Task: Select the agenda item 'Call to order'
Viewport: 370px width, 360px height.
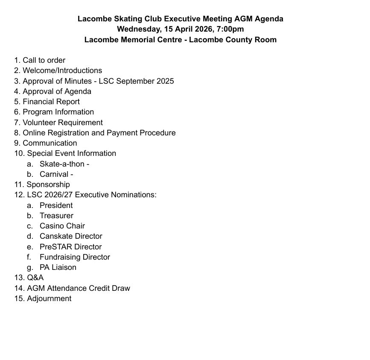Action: coord(44,60)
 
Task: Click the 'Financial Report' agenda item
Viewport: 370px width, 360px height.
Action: coord(51,102)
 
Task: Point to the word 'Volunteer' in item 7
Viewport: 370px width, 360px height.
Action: coord(40,123)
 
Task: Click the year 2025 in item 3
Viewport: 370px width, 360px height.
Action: coord(164,81)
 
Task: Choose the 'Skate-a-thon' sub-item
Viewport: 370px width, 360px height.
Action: coord(62,164)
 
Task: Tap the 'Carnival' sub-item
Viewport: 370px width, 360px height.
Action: coord(54,174)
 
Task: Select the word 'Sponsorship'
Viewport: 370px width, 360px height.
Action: coord(48,184)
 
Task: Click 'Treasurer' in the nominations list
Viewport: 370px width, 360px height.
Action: coord(56,216)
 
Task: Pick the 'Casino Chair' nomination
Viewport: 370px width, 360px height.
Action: coord(62,226)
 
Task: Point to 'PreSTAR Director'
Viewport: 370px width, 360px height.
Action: coord(70,247)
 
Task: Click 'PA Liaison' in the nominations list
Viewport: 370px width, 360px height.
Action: coord(58,267)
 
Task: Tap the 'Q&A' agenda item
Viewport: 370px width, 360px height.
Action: coord(35,278)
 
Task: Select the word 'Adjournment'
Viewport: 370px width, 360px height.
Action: coord(49,299)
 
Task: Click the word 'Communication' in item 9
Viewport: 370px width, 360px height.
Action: coord(50,143)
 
